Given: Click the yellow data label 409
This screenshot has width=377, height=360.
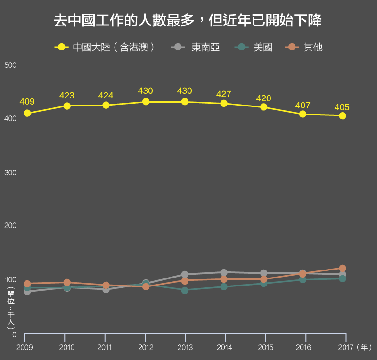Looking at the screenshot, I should point(27,102).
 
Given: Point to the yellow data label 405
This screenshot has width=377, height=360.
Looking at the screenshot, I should point(342,107).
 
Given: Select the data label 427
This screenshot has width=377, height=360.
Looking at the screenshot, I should point(223,94).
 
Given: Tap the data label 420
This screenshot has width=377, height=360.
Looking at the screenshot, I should point(263,98).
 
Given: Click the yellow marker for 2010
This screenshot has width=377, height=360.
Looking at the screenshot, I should point(67,106).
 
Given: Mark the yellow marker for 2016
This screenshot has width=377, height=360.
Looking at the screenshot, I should point(303,114).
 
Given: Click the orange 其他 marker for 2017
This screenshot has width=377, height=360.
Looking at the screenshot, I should point(343,269).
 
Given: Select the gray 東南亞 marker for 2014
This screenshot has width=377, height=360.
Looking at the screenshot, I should point(224,272).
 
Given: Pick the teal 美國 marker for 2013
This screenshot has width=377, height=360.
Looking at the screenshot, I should point(185,290).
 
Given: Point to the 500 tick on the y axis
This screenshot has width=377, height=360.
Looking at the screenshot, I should point(10,65).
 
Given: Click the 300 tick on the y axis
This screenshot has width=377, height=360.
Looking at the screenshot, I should point(10,173).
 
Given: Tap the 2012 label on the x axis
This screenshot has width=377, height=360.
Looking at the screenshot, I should point(145,347).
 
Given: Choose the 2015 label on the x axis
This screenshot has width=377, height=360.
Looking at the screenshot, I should point(266,347).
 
